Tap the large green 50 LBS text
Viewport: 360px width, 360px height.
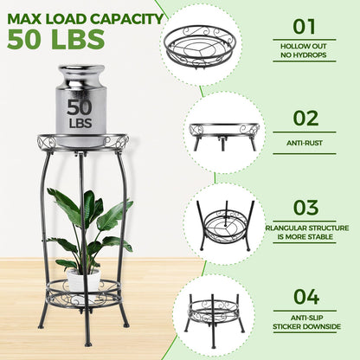pos(55,40)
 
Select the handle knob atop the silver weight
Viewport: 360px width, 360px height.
pos(81,74)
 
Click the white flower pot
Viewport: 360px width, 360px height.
pos(83,280)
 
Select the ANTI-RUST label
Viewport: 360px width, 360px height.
pos(307,144)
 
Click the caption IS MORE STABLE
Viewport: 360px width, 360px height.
pos(307,238)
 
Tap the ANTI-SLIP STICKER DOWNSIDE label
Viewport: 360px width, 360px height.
pos(307,321)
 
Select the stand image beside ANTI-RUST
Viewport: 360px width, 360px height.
pos(224,132)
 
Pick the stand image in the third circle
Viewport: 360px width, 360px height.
pos(224,222)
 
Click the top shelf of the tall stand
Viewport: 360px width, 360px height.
pos(82,140)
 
